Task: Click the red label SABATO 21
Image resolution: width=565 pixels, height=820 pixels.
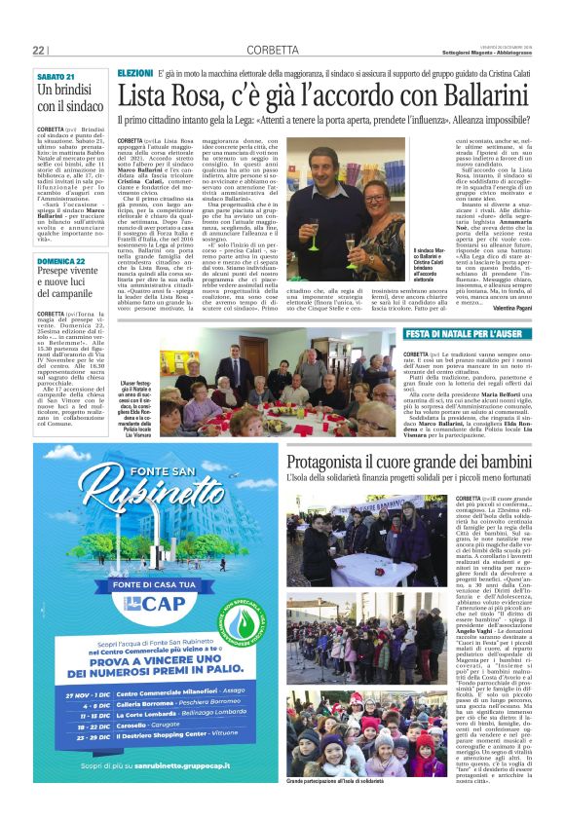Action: click(56, 76)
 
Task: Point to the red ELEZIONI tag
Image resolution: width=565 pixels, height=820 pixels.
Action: click(134, 74)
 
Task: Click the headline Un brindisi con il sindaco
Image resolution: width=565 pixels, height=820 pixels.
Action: click(69, 98)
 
